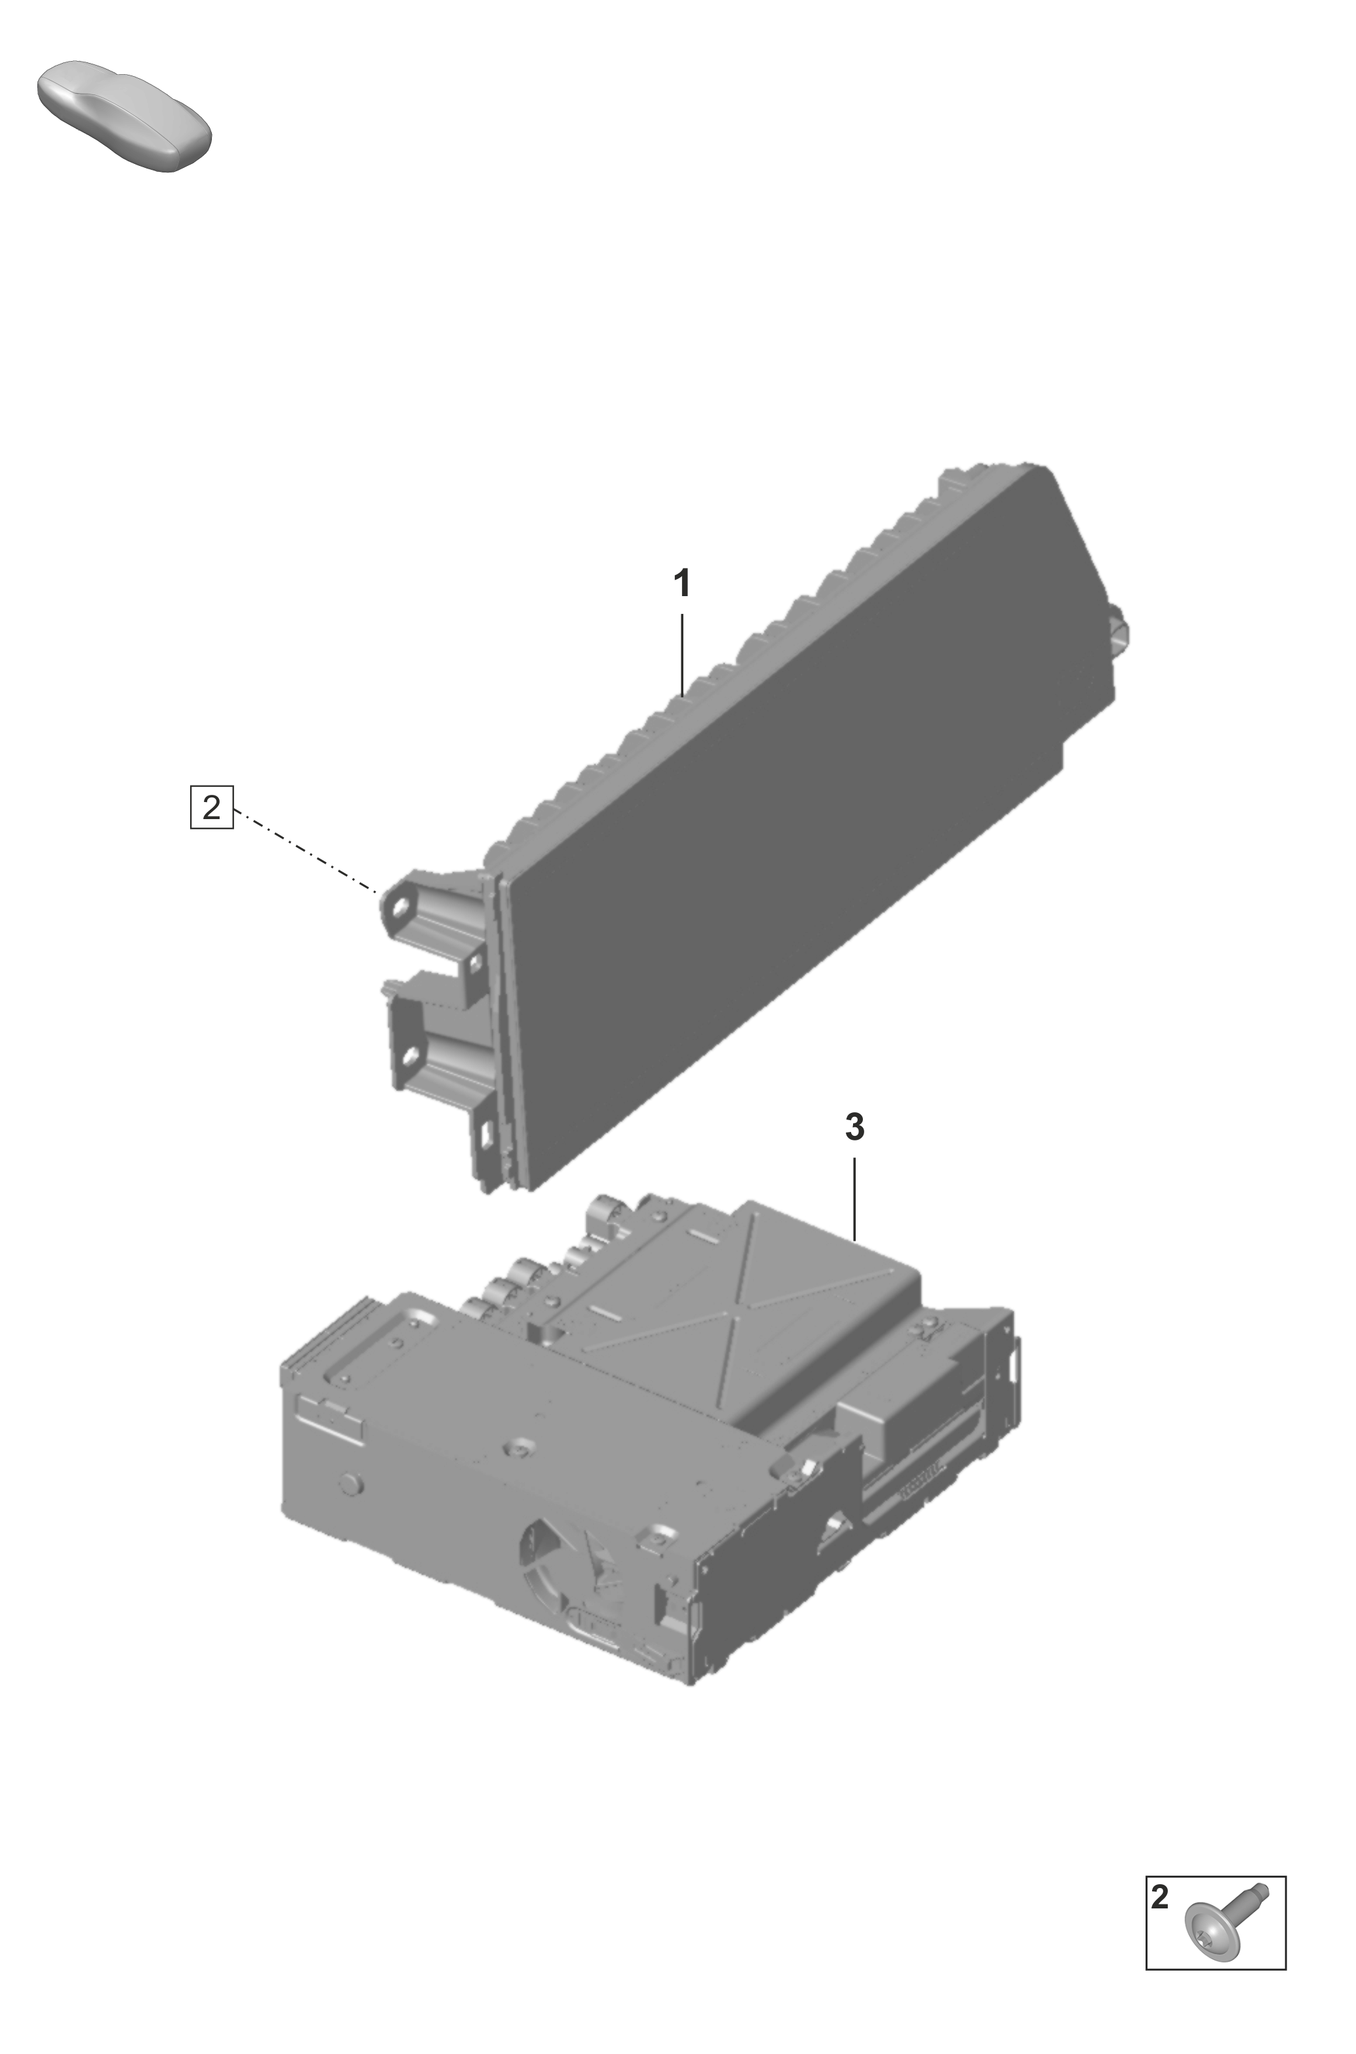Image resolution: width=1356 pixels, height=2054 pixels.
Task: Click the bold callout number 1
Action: point(683,583)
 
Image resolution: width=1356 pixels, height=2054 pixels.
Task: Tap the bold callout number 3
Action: point(854,1127)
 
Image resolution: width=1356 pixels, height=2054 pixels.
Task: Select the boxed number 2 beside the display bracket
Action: point(212,807)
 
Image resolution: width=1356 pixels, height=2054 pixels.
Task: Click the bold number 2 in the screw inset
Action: point(1160,1897)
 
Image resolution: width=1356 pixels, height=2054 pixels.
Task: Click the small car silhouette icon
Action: point(125,115)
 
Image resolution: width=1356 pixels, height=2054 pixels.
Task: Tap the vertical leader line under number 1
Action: point(683,654)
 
